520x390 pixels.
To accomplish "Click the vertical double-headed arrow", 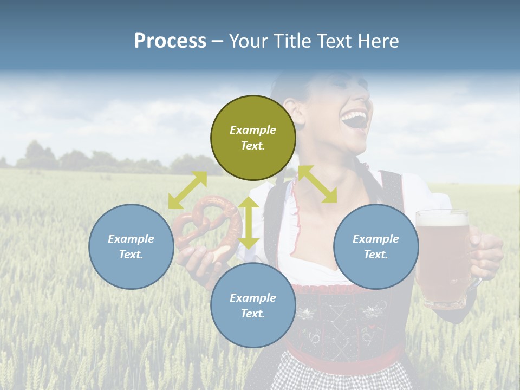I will (x=249, y=223).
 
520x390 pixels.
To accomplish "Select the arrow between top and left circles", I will (x=187, y=190).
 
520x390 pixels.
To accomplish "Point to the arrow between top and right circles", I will (x=317, y=184).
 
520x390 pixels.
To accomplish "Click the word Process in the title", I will (x=170, y=41).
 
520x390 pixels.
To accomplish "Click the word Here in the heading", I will (x=379, y=41).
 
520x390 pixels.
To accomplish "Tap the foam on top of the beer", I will (x=442, y=218).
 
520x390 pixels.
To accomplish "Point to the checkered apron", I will (x=341, y=376).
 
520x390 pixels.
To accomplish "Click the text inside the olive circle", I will (x=253, y=138).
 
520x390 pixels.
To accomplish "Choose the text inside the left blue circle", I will (x=131, y=246).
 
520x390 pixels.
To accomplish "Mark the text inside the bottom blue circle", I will (x=253, y=305).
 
